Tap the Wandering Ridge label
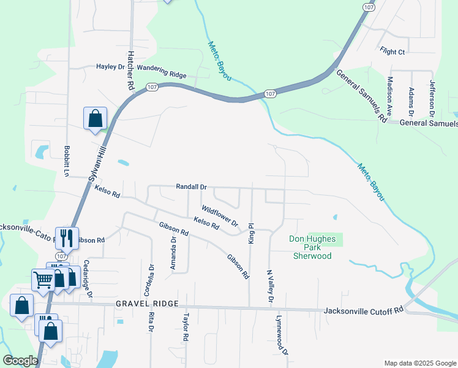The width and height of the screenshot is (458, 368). (x=162, y=74)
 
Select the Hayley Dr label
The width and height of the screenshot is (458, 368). (x=111, y=67)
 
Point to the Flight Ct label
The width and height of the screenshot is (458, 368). (x=392, y=52)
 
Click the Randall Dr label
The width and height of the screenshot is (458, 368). (x=192, y=186)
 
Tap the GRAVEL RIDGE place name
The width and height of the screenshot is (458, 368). (x=148, y=304)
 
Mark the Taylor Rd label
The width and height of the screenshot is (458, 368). (x=185, y=328)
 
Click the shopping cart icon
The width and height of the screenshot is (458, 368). (x=43, y=280)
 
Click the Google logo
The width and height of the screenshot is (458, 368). (x=21, y=361)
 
